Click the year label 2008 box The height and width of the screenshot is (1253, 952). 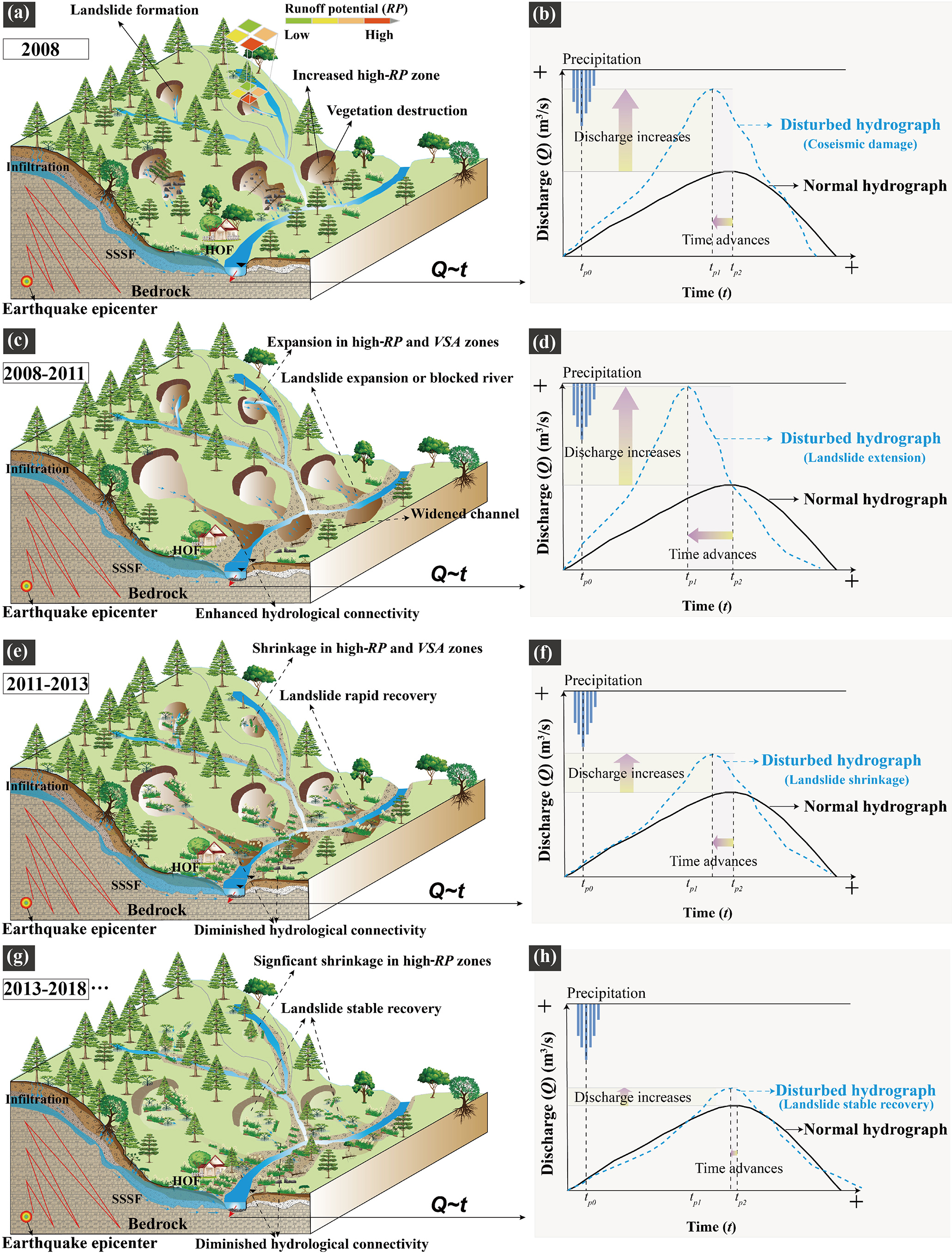coord(45,49)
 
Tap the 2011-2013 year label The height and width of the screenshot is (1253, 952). coord(47,683)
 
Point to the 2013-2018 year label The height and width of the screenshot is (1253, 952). coord(45,989)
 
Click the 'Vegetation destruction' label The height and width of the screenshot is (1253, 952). coord(397,110)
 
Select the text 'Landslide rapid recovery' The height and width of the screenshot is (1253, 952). coord(358,695)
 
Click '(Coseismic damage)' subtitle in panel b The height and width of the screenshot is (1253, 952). coord(860,144)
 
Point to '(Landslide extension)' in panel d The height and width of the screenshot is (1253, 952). coord(864,457)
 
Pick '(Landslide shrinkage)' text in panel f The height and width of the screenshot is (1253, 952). coord(847,780)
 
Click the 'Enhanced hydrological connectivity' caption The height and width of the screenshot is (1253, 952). coord(307,613)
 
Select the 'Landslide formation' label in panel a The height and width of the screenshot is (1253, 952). coord(134,10)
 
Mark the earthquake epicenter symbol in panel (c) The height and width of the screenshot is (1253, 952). coord(26,586)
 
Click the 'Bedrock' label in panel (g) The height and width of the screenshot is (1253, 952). coord(158,1223)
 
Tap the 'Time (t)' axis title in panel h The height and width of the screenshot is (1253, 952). coord(711,1227)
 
